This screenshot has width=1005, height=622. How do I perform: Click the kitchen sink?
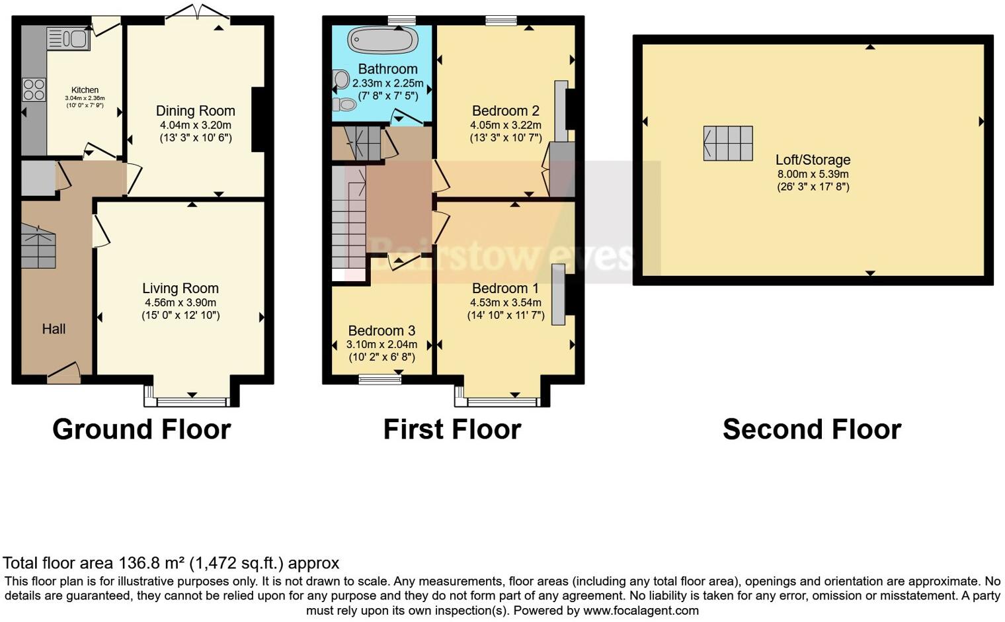click(68, 38)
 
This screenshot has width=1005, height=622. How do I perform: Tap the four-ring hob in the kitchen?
click(34, 89)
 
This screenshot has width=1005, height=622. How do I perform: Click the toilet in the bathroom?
click(345, 105)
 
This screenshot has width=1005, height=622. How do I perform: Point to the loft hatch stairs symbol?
click(728, 143)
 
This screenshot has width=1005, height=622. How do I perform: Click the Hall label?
click(54, 329)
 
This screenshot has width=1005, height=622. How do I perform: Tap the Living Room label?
click(181, 289)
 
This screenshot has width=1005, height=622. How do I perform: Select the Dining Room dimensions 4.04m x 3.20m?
click(196, 125)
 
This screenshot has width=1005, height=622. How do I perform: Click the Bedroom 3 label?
click(382, 331)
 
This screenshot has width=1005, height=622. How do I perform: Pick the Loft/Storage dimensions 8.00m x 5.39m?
click(813, 174)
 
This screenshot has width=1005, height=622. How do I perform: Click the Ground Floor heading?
click(141, 429)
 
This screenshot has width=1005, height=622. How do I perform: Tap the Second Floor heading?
click(811, 429)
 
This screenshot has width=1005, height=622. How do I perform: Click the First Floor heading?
click(452, 429)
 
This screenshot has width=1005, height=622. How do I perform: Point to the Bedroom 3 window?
click(380, 380)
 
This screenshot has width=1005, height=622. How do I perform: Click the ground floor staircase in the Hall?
click(38, 246)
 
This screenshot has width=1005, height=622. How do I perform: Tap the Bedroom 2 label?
click(505, 111)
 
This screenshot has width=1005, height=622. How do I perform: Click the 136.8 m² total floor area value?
click(151, 563)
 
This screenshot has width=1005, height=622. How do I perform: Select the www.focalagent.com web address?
click(641, 610)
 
